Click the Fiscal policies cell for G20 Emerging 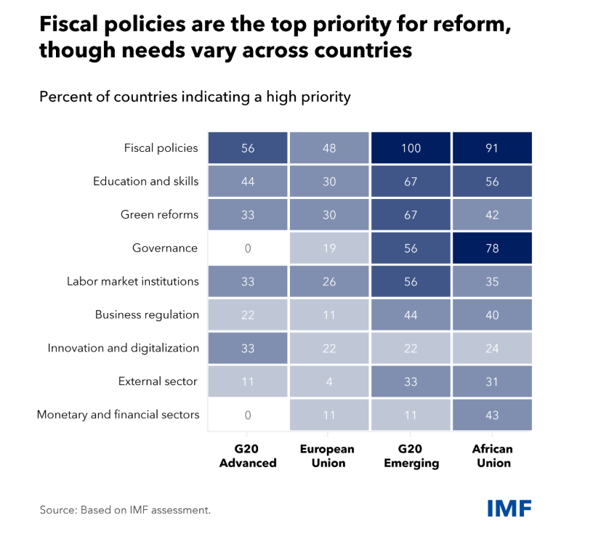(411, 148)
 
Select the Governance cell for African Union (492, 248)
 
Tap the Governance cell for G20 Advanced (248, 248)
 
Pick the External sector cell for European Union (329, 381)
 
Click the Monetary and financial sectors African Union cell (492, 415)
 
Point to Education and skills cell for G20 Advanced (248, 182)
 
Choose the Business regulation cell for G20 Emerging (411, 315)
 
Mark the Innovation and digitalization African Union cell (492, 348)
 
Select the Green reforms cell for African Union (492, 215)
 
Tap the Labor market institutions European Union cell (329, 281)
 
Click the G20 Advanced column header (248, 456)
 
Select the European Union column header (329, 456)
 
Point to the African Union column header (492, 456)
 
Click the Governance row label (165, 248)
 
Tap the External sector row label (158, 381)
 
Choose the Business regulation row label (147, 315)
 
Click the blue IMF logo (509, 508)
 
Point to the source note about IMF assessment (125, 510)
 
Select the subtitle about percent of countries (195, 97)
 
